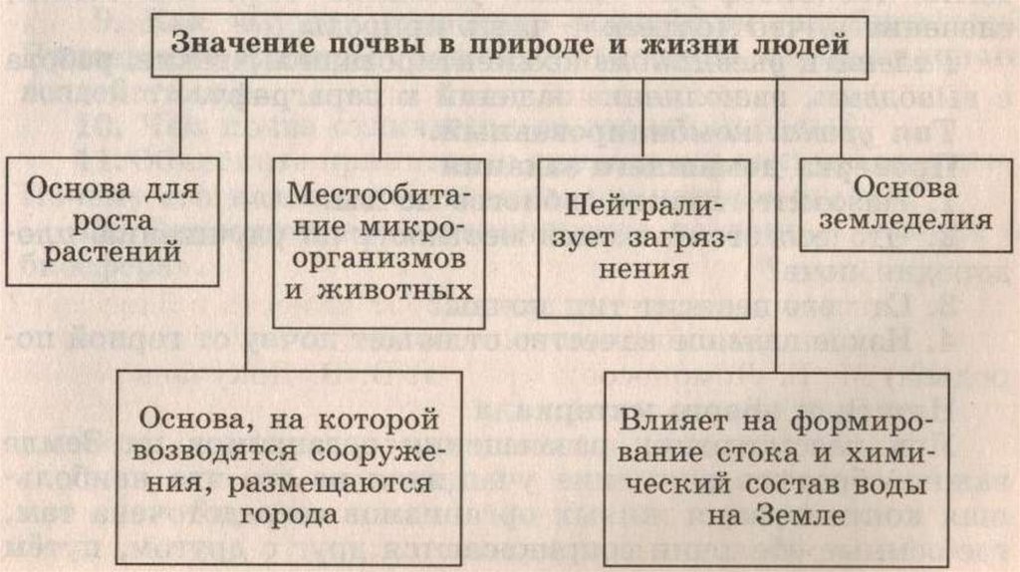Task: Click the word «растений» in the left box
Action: click(x=100, y=253)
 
